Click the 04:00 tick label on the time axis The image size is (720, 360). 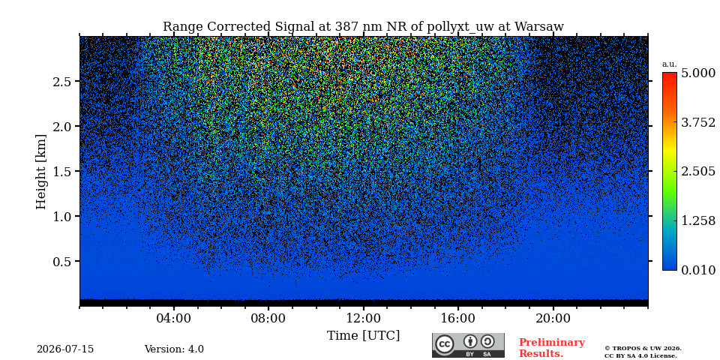174,319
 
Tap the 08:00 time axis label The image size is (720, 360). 268,319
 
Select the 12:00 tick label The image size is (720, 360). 364,319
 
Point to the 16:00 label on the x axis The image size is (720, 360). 458,319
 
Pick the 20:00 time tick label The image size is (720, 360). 553,319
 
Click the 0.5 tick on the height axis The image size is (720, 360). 61,261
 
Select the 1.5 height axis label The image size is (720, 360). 61,171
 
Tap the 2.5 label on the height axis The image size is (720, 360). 61,81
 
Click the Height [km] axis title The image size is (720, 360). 41,172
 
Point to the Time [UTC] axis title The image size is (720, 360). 363,336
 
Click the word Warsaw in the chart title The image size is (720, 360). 538,27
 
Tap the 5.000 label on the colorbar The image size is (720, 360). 698,73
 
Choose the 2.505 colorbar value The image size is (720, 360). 698,172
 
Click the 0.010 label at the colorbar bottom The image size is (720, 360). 698,270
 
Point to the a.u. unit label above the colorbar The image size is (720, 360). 670,64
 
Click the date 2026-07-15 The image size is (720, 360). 65,349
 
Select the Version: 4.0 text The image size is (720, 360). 174,349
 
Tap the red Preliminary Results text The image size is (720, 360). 552,348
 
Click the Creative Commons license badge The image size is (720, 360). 468,345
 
